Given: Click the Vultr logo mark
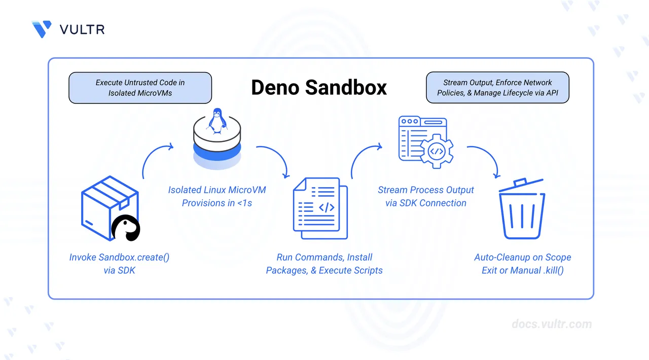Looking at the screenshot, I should click(x=42, y=29).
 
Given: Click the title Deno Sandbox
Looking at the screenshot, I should click(x=319, y=87).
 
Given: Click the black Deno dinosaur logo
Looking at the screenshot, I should click(x=126, y=228).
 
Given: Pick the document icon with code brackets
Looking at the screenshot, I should click(x=320, y=208).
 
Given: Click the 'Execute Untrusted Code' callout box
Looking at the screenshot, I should click(x=140, y=88).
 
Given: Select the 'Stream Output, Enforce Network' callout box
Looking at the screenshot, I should click(x=497, y=88).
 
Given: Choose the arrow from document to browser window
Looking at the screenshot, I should click(x=364, y=158).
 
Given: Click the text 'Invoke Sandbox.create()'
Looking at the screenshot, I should click(x=119, y=257).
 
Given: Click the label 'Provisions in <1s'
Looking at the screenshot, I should click(x=217, y=203).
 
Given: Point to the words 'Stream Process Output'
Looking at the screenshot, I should click(x=425, y=190).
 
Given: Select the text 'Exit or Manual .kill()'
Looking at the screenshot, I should click(x=522, y=270).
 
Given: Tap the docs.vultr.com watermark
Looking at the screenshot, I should click(x=551, y=324).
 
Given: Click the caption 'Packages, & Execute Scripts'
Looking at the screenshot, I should click(x=324, y=270).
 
